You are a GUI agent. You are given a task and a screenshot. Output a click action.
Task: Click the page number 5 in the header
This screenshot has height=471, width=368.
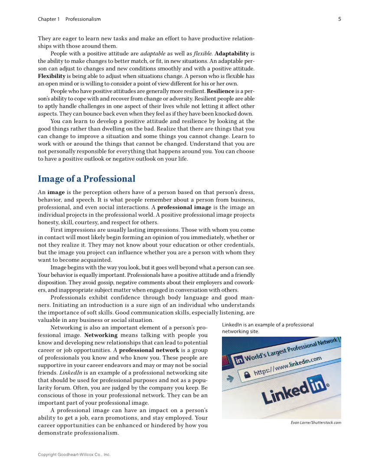click(x=339, y=19)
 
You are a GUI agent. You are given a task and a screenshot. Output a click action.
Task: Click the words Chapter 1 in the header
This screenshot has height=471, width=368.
click(x=49, y=19)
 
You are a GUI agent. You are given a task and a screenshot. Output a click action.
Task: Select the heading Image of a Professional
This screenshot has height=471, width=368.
click(x=86, y=179)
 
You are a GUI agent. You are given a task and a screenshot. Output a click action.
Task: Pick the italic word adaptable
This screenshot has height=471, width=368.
click(x=153, y=54)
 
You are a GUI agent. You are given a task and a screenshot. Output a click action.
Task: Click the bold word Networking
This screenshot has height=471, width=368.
click(x=101, y=335)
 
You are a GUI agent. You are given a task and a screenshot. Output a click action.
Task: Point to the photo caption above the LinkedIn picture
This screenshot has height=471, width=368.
click(x=267, y=328)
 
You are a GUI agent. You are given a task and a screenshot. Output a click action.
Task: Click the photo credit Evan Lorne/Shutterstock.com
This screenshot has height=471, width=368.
click(x=316, y=422)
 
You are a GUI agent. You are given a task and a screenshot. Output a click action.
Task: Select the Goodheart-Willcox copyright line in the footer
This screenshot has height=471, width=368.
click(x=74, y=455)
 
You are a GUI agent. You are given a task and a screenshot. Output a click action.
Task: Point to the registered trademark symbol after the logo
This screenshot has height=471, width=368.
click(x=327, y=384)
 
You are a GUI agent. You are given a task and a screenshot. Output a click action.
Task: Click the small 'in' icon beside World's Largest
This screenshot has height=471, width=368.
click(x=238, y=361)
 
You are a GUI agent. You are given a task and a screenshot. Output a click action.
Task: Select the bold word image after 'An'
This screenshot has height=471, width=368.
click(x=56, y=192)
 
